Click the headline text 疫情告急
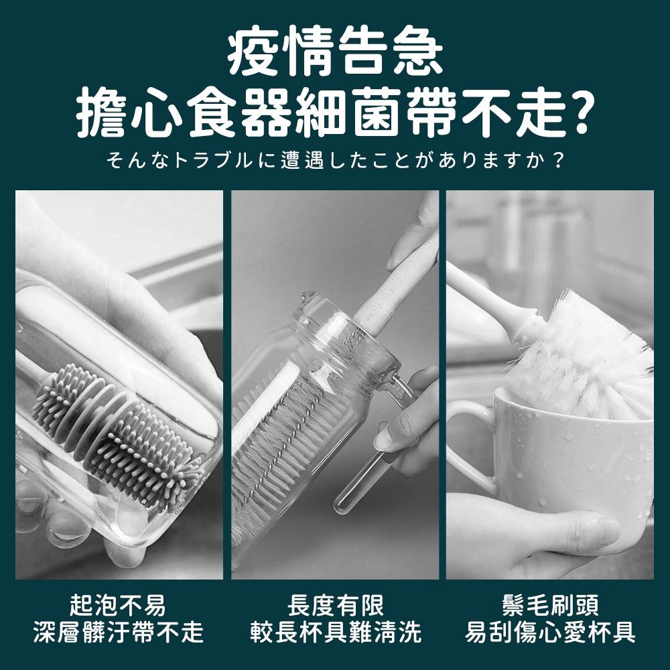coord(334,52)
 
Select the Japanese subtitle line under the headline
coord(334,161)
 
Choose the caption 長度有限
coord(335,605)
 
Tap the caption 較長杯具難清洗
coord(335,632)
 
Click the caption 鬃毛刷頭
coord(551,605)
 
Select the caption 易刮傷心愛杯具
coord(551,632)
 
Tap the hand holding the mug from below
coord(536,536)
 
